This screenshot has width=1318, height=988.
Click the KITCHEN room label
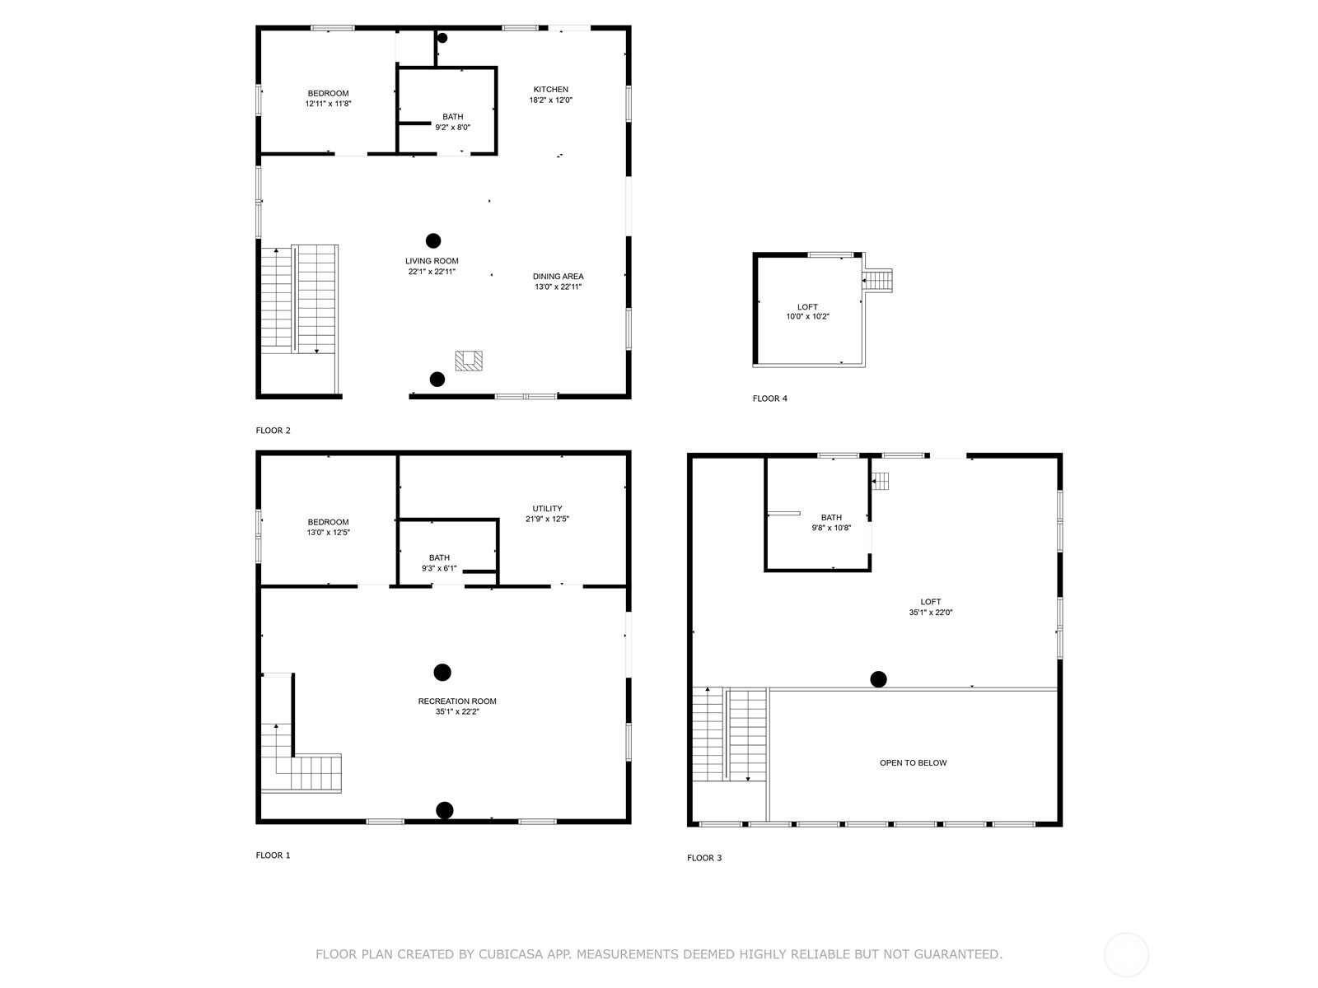point(550,89)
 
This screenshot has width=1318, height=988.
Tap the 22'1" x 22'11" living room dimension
point(432,272)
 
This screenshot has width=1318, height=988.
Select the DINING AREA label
point(558,277)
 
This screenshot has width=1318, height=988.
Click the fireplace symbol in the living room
point(469,361)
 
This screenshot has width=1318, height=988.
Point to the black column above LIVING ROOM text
point(433,241)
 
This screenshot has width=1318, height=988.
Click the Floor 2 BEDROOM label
point(328,93)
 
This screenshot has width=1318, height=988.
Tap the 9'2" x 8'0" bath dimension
point(452,128)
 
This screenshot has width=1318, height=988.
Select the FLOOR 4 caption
point(769,398)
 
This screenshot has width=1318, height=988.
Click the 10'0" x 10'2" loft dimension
point(807,317)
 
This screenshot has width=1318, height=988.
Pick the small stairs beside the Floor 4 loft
point(878,280)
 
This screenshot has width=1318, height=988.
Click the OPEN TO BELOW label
point(913,763)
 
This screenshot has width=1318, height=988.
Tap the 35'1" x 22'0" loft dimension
point(931,613)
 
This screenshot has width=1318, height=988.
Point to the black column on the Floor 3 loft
point(879,679)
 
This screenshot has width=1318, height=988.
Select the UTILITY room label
point(547,509)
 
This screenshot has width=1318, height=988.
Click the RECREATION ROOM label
point(457,701)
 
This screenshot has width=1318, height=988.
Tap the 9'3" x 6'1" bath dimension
point(439,569)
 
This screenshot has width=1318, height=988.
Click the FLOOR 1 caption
point(273,855)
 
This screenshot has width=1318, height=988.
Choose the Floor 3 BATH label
point(831,518)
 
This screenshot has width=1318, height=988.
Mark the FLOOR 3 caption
point(704,858)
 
